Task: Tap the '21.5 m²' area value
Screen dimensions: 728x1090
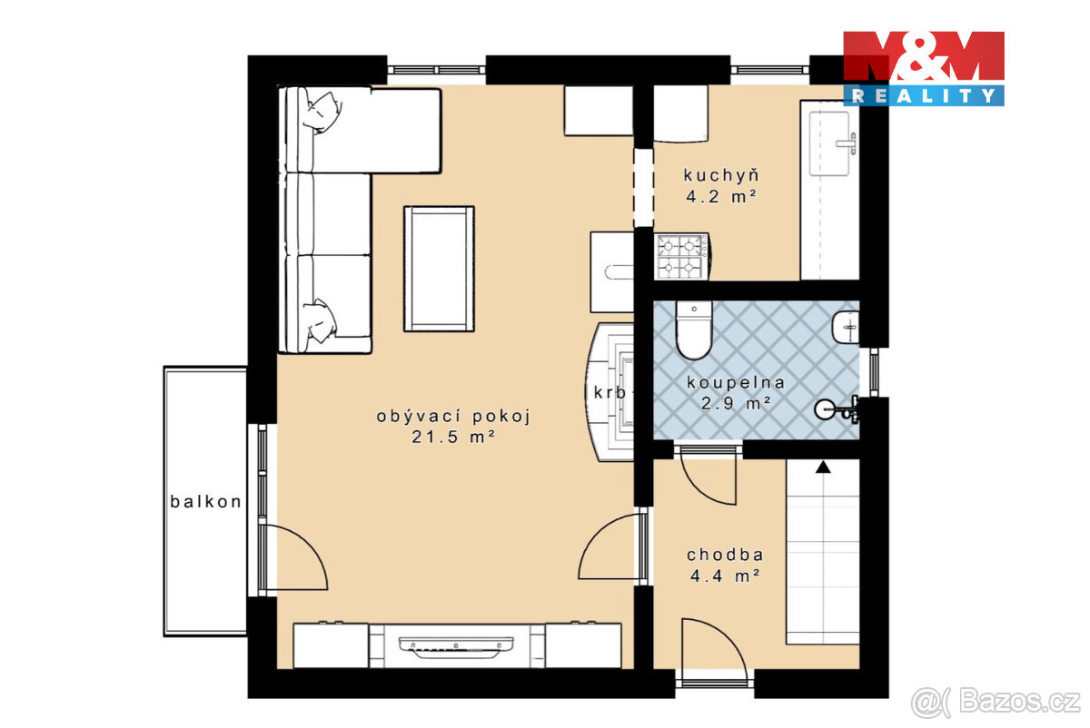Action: (x=452, y=437)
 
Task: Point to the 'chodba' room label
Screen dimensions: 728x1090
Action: (x=724, y=555)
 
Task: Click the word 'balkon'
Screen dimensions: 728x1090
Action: (x=205, y=501)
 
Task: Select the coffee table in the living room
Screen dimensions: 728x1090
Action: (x=439, y=269)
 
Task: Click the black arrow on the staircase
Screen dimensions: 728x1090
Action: (x=823, y=467)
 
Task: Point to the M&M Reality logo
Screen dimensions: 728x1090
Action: (x=923, y=68)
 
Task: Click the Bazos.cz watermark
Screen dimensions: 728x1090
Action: (x=995, y=702)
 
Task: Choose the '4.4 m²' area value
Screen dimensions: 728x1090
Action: (x=724, y=575)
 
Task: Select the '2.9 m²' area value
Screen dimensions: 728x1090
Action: (x=736, y=402)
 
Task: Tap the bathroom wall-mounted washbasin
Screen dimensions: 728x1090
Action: (x=845, y=326)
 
